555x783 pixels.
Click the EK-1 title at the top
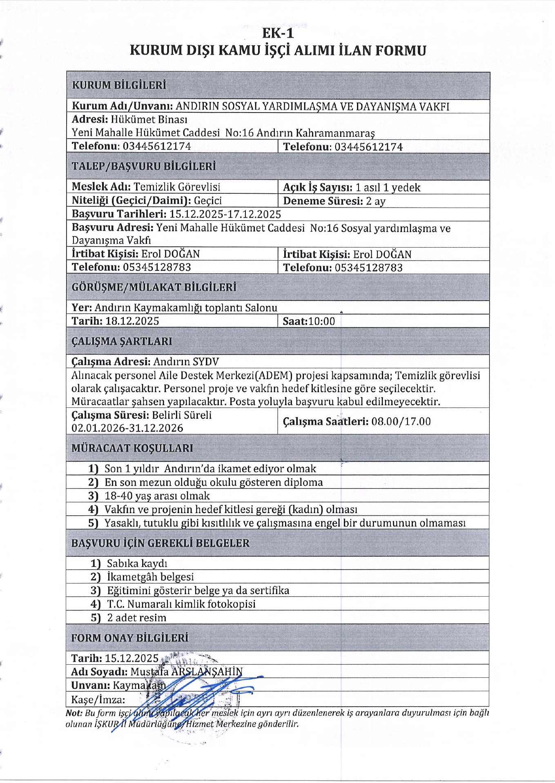pos(278,33)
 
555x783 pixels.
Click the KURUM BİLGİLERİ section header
pos(119,85)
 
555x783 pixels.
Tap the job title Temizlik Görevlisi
pos(177,187)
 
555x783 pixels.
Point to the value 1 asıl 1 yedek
pos(388,188)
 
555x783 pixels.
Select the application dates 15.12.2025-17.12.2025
pos(225,214)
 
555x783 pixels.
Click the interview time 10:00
pos(321,321)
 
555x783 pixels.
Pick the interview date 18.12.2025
pos(132,321)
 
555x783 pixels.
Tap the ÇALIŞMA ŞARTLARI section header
pos(122,341)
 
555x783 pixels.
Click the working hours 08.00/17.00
pos(401,421)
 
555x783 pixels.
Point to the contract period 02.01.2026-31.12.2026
pos(127,428)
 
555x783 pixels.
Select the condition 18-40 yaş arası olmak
pos(157,496)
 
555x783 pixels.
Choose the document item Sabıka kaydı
pos(137,564)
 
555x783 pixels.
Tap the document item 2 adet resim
pos(136,618)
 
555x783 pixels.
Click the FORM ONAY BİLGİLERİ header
pos(130,638)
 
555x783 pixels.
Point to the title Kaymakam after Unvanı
pos(139,685)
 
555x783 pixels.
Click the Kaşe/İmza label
pos(98,700)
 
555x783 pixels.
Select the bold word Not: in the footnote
pos(74,713)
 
